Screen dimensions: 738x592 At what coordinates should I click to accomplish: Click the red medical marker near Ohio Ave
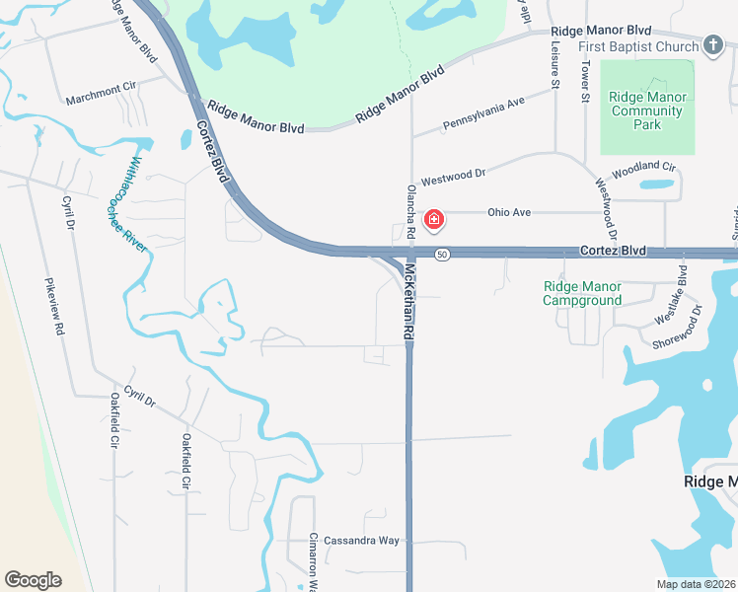pos(433,219)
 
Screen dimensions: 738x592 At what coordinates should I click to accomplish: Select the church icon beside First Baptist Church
pos(713,45)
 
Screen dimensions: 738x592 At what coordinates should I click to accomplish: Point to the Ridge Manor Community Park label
pos(647,111)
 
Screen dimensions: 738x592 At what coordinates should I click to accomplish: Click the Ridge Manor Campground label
pos(583,293)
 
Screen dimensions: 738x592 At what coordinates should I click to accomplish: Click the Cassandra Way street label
pos(363,541)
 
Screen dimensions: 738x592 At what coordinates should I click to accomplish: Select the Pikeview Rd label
pos(54,307)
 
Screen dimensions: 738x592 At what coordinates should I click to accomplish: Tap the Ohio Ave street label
pos(509,212)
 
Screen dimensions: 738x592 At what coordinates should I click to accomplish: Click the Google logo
pos(33,580)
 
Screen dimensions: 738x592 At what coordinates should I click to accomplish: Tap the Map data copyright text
pos(696,584)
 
